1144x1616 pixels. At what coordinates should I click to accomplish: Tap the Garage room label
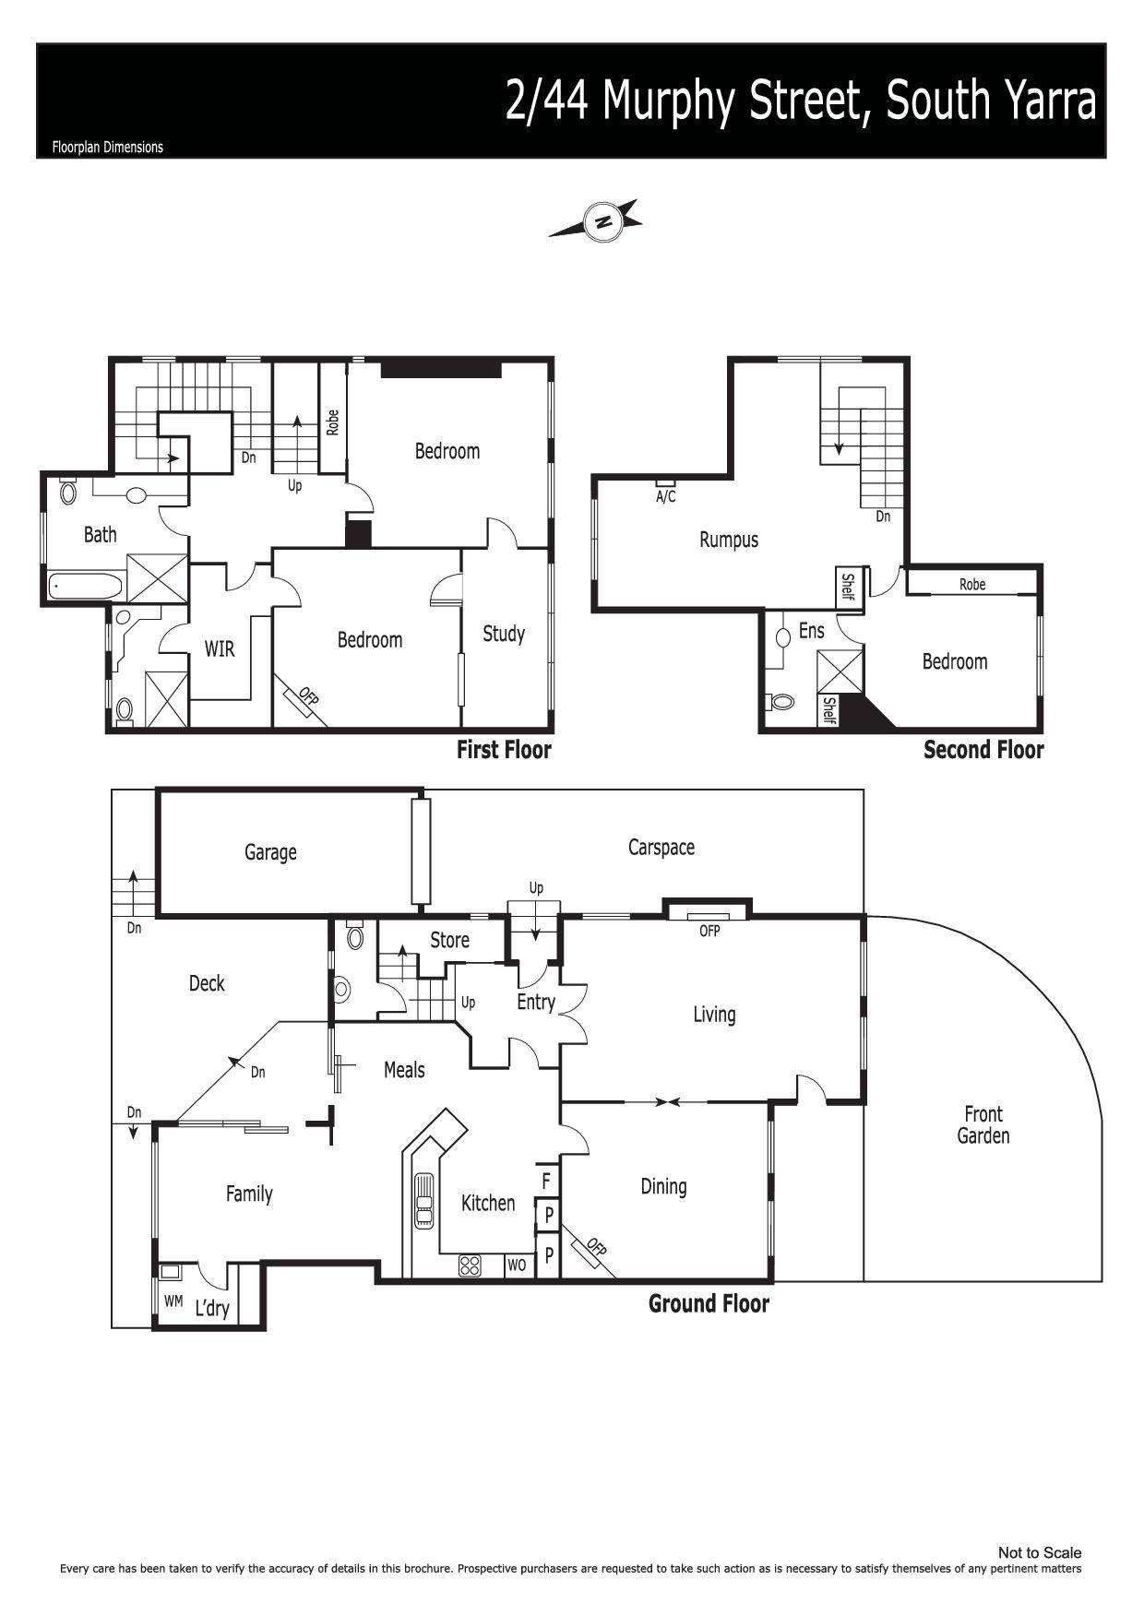pyautogui.click(x=270, y=852)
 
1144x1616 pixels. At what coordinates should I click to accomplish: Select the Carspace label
pyautogui.click(x=661, y=848)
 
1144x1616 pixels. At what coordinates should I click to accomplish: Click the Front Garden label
pyautogui.click(x=983, y=1124)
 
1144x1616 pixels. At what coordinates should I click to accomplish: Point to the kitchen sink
pyautogui.click(x=423, y=1200)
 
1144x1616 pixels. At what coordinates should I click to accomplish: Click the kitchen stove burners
pyautogui.click(x=471, y=1265)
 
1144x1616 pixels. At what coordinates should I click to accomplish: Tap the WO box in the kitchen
pyautogui.click(x=518, y=1265)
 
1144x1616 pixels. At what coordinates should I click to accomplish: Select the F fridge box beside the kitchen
pyautogui.click(x=547, y=1180)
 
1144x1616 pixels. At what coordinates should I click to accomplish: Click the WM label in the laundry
pyautogui.click(x=173, y=1301)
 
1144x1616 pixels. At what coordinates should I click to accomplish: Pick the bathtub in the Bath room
pyautogui.click(x=86, y=586)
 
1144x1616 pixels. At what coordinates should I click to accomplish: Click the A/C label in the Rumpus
pyautogui.click(x=665, y=497)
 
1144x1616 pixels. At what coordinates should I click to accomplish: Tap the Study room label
pyautogui.click(x=504, y=634)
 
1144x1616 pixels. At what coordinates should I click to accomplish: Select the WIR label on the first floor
pyautogui.click(x=220, y=649)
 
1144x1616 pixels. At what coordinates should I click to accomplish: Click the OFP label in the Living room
pyautogui.click(x=709, y=932)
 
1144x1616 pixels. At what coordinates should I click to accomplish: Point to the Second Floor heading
pyautogui.click(x=983, y=750)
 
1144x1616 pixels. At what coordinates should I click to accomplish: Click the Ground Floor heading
pyautogui.click(x=709, y=1303)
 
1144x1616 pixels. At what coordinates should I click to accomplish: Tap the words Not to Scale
pyautogui.click(x=1040, y=1553)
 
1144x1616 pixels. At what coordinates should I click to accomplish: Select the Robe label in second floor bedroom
pyautogui.click(x=972, y=584)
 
